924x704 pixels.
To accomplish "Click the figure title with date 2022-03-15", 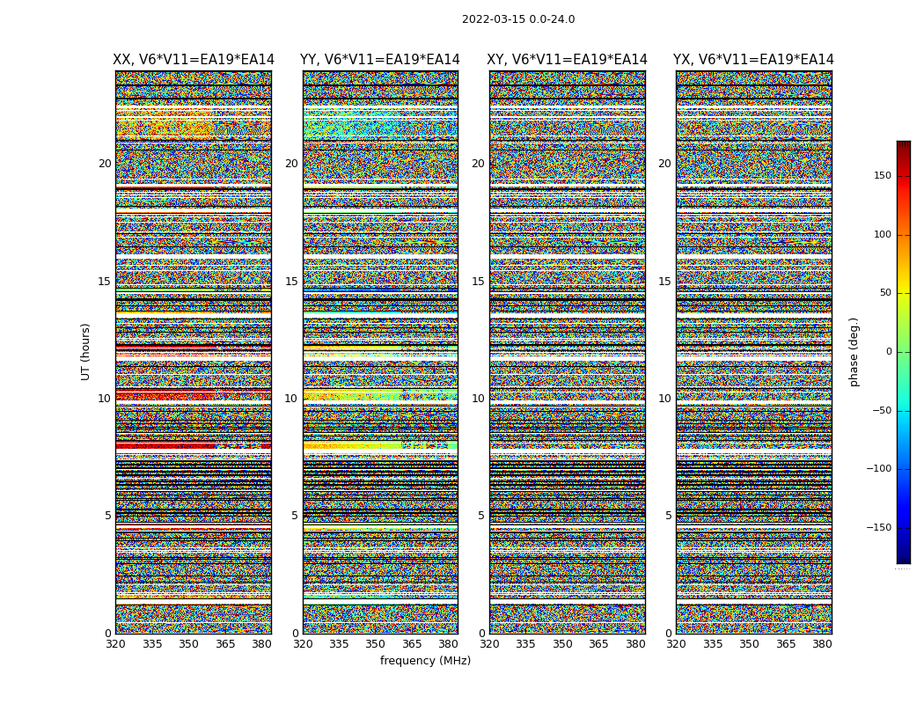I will tap(518, 19).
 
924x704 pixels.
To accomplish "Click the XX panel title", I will tap(194, 60).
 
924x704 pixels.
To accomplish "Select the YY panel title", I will tap(380, 60).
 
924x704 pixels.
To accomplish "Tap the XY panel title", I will tap(568, 60).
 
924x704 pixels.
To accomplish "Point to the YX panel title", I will tap(753, 60).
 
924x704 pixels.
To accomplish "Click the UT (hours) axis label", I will tap(85, 351).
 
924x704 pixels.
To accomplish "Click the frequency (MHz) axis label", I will tap(425, 661).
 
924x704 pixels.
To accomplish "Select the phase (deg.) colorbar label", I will tap(854, 351).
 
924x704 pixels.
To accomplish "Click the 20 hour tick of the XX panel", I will tap(105, 164).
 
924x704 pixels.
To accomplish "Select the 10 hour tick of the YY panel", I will tap(291, 399).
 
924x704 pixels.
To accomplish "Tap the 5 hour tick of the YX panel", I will tap(668, 516).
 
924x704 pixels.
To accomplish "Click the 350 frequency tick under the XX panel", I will tap(189, 644).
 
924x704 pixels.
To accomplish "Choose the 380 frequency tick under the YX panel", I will tap(822, 644).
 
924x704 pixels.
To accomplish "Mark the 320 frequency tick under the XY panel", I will tap(490, 644).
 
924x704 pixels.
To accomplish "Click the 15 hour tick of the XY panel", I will tap(478, 282).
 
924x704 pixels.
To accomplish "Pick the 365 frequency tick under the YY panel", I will tap(412, 644).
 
